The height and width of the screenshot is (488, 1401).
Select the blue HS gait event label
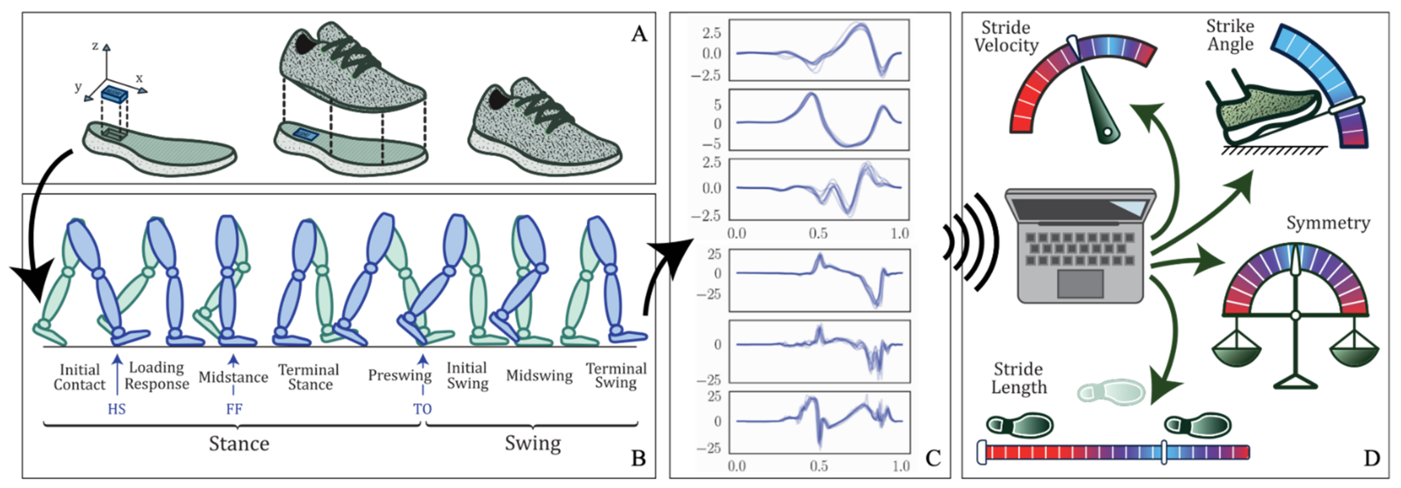(116, 409)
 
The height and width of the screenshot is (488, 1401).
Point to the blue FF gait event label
(234, 409)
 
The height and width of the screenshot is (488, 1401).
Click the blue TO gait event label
(423, 409)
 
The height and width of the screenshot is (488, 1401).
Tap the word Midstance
(233, 377)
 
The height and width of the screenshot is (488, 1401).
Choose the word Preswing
(399, 375)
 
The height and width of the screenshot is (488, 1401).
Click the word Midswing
(539, 375)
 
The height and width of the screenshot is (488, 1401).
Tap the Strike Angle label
(1230, 35)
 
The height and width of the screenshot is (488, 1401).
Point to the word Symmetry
(1328, 223)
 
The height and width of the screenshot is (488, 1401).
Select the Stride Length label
(1018, 378)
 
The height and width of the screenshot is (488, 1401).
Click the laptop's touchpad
(1080, 283)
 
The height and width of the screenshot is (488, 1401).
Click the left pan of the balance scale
(1236, 356)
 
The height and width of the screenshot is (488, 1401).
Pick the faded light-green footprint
(1111, 391)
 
